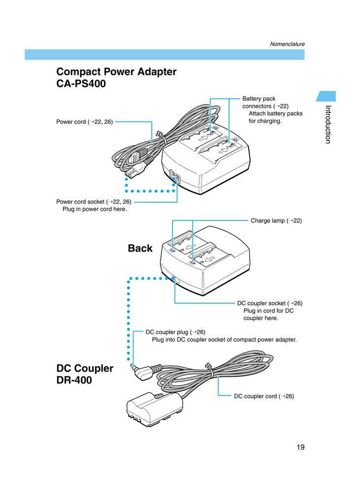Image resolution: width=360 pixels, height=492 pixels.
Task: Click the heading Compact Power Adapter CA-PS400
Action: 116,78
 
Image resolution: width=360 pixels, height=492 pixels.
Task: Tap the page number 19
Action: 300,447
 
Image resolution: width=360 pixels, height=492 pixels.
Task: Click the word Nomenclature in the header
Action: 287,44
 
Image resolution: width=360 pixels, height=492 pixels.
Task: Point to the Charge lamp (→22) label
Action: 276,221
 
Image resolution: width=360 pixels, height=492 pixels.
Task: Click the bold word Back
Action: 140,248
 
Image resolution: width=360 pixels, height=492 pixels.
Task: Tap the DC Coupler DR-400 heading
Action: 85,374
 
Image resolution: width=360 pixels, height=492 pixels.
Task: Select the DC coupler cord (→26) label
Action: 263,396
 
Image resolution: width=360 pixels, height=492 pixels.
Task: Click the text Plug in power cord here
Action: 95,209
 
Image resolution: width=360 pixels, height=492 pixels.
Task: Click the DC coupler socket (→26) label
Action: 269,303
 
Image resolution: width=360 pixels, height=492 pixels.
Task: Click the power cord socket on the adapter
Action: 173,177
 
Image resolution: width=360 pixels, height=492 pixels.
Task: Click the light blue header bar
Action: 164,55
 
